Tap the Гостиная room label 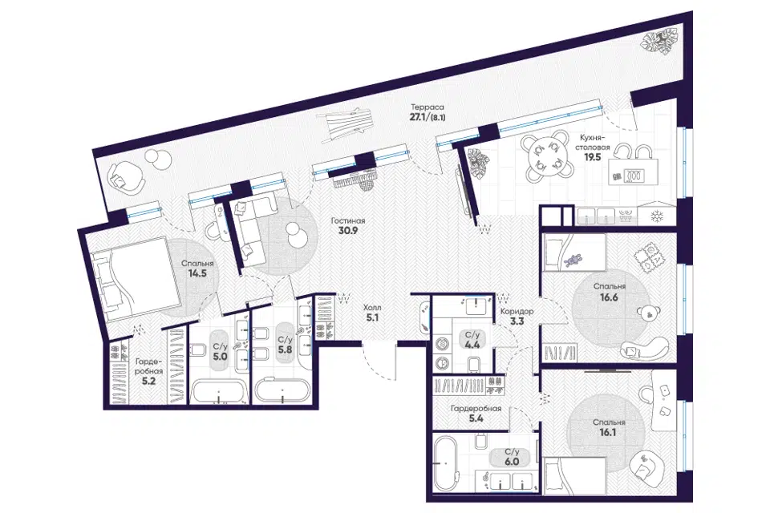(348, 221)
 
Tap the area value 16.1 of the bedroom (607, 433)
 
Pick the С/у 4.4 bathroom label (472, 339)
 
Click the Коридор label (517, 311)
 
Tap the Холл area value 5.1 (371, 317)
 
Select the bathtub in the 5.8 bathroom (282, 391)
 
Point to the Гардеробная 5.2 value (148, 381)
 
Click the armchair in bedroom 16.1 (645, 464)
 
